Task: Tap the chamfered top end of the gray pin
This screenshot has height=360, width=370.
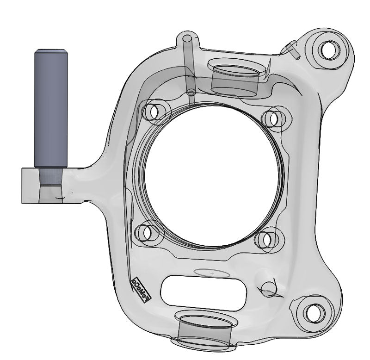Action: (x=51, y=50)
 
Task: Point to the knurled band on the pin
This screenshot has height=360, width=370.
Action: (x=51, y=176)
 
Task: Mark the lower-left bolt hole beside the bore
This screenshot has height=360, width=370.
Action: (x=148, y=233)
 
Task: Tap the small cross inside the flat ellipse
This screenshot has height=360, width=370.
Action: (x=212, y=273)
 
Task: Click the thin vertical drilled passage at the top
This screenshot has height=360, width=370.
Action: (x=188, y=65)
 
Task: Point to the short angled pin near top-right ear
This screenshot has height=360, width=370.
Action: (x=293, y=48)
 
